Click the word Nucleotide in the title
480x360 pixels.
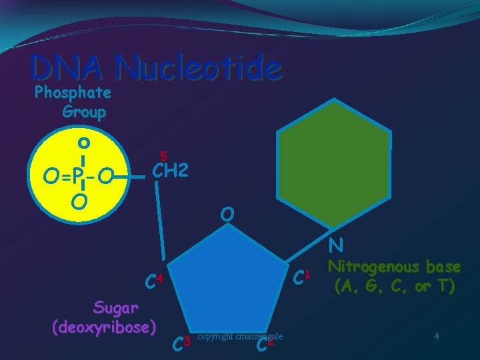pos(198,67)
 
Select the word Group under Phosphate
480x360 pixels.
pos(83,111)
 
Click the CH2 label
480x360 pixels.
pos(171,171)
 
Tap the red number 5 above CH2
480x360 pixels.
pos(163,156)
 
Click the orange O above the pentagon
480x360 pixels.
pos(228,215)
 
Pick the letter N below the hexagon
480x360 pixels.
pos(336,247)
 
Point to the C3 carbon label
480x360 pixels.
pos(181,344)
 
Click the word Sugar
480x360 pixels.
pos(116,308)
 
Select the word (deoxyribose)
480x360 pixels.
pos(104,327)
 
